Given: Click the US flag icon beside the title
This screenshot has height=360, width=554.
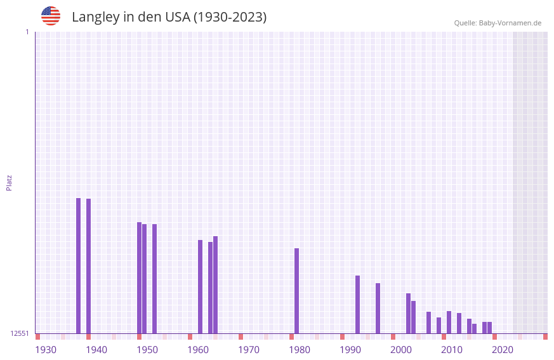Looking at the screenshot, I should [51, 16].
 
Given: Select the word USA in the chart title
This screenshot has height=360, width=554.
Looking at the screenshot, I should [177, 17].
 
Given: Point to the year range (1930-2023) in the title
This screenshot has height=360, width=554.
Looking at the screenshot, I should [230, 17].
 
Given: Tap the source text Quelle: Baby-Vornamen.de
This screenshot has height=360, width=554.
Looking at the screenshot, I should [498, 23].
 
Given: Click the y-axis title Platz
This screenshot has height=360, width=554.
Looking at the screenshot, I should [9, 182].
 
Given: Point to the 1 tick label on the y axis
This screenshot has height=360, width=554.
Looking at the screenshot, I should [27, 32].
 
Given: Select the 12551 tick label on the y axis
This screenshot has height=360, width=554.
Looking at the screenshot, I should [20, 333].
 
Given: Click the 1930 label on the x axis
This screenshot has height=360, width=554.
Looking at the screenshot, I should [46, 350].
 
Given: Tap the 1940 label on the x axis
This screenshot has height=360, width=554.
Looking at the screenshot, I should [96, 350].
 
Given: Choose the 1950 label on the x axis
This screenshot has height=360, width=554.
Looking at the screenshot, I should [147, 350].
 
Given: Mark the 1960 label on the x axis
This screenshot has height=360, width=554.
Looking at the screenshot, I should [198, 350].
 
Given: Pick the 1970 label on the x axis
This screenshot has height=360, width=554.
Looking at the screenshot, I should [249, 350].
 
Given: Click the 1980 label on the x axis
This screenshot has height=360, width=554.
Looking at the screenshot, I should [300, 350].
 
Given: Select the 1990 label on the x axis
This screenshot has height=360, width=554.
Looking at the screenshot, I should [350, 350].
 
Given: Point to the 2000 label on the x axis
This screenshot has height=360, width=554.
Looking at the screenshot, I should [401, 350].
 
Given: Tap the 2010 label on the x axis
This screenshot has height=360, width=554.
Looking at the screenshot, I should [452, 350].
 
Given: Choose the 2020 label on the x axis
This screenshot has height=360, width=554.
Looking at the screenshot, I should [503, 350].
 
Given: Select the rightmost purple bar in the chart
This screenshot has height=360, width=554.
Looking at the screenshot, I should [490, 328].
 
